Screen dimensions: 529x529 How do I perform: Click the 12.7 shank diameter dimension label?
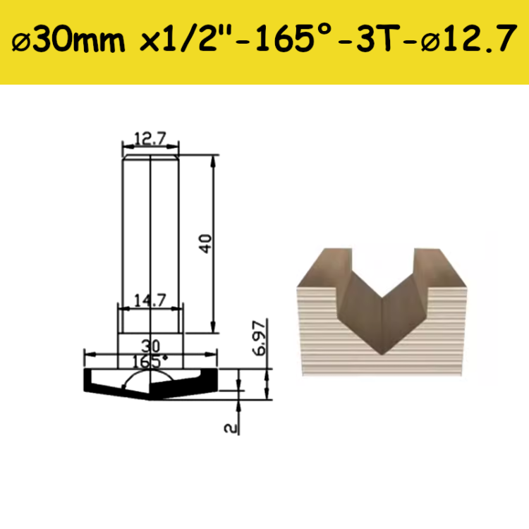(150, 139)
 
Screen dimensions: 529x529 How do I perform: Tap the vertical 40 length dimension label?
(206, 244)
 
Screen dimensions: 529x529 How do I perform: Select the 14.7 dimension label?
(150, 300)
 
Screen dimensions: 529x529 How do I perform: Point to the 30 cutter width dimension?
(150, 346)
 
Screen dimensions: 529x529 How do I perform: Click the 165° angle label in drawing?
(151, 361)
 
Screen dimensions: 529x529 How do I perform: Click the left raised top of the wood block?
(334, 250)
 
